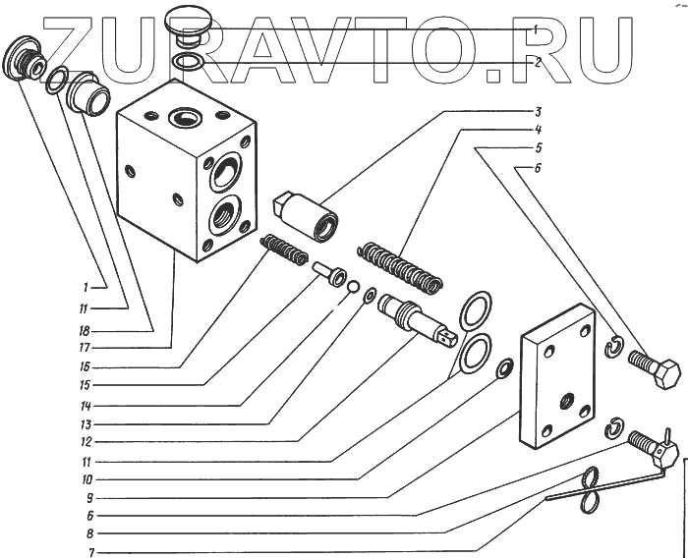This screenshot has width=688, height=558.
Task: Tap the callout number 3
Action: click(x=538, y=110)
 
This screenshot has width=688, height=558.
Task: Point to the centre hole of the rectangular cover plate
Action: click(x=567, y=402)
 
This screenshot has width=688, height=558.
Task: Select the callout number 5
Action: click(x=538, y=148)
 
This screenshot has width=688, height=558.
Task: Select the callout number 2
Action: click(x=538, y=61)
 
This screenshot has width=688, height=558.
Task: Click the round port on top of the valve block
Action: click(x=183, y=119)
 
